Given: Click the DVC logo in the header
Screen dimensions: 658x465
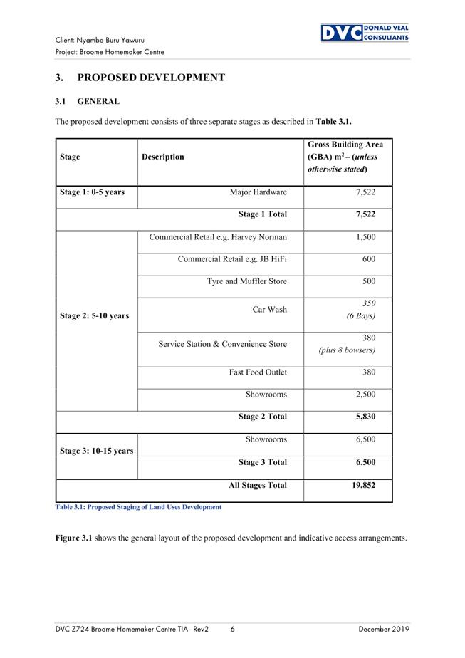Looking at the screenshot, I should (364, 33).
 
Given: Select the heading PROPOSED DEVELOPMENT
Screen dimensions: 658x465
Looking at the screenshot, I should (140, 78).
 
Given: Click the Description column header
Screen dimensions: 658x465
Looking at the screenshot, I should (163, 157).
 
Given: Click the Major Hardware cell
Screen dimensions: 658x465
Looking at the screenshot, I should (258, 192).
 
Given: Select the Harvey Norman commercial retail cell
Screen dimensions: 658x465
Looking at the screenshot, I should (218, 237).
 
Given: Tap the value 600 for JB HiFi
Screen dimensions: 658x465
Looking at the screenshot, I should (368, 259).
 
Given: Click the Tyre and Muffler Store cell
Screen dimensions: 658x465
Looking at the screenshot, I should (246, 281).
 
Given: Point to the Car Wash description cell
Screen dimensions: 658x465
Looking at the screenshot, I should (269, 310).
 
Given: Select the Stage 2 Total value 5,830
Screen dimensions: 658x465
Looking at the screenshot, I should (365, 417).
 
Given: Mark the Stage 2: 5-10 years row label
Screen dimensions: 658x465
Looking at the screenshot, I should (95, 315).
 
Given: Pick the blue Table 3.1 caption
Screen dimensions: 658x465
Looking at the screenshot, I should (138, 507).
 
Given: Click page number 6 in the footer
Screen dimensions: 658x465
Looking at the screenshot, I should (233, 629).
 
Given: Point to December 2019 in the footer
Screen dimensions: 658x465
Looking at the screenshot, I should (384, 629).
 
